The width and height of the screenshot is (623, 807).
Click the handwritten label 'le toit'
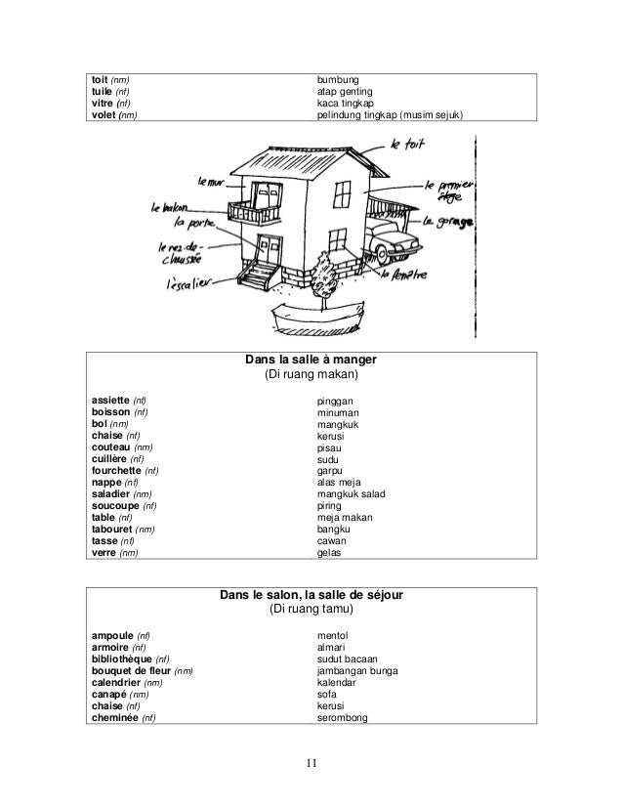pyautogui.click(x=410, y=148)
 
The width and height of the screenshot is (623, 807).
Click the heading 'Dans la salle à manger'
pyautogui.click(x=311, y=360)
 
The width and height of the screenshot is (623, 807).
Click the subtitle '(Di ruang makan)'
pyautogui.click(x=311, y=376)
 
